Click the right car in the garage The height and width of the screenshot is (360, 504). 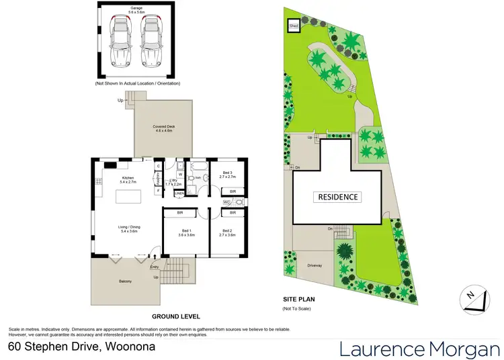(x=150, y=42)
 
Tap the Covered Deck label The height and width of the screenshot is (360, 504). (x=163, y=128)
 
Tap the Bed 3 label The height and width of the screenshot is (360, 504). (x=228, y=174)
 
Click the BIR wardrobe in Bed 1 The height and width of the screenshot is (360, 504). (x=181, y=213)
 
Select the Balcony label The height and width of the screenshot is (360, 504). (x=126, y=281)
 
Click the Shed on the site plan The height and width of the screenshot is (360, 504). (x=293, y=26)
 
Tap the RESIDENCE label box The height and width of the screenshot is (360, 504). (x=337, y=197)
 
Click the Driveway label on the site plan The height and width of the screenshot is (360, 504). (x=314, y=265)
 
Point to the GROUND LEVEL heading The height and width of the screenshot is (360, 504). (x=175, y=316)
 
